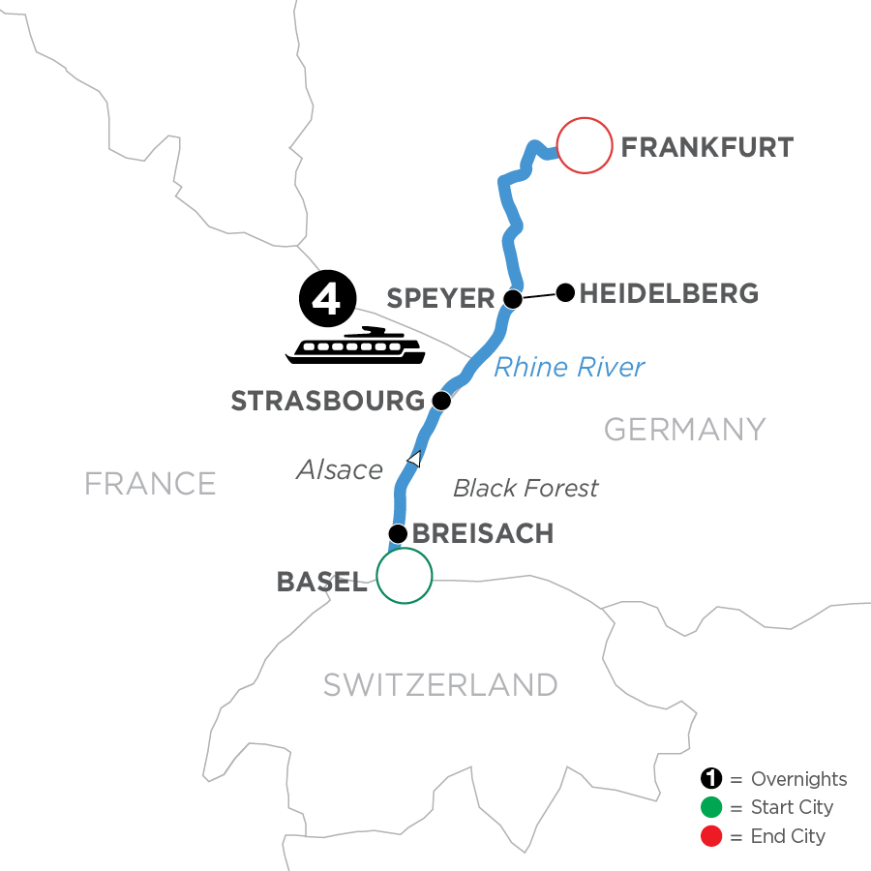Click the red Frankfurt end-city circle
[x=585, y=145]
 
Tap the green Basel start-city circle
[x=404, y=576]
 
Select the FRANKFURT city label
[x=706, y=148]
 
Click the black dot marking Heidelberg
[x=566, y=290]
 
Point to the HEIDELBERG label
[x=668, y=292]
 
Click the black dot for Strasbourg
[x=441, y=400]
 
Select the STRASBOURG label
[x=327, y=401]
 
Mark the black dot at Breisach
[x=397, y=533]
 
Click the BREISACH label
[x=482, y=534]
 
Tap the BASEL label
[x=321, y=582]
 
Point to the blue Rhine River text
[x=569, y=368]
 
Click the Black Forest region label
[x=526, y=488]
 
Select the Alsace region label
[x=340, y=470]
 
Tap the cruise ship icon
[x=355, y=346]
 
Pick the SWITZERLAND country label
[x=440, y=684]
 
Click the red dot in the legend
[x=711, y=835]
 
